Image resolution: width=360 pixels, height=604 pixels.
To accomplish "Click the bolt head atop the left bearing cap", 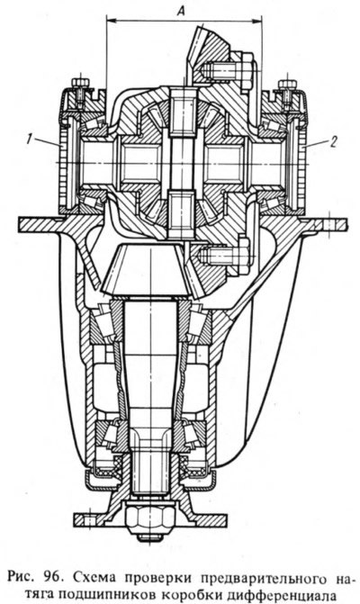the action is pyautogui.click(x=80, y=82).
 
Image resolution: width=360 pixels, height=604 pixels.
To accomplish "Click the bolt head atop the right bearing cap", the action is pyautogui.click(x=288, y=84).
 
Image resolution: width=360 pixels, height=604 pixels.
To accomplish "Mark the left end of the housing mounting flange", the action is pyautogui.click(x=20, y=222).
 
